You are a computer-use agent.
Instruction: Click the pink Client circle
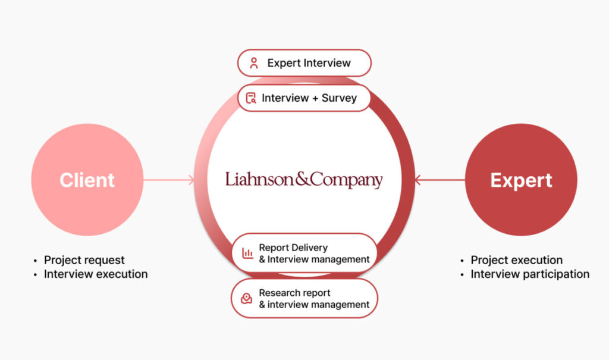point(87,180)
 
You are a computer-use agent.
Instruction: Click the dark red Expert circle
point(521,180)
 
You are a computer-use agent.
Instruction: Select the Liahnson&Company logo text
point(304,180)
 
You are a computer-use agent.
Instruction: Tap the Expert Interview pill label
point(304,63)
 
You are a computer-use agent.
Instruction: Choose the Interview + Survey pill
point(304,98)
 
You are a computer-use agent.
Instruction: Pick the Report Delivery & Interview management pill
point(304,253)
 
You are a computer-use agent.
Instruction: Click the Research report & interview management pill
point(304,298)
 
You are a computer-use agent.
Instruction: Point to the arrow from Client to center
point(169,180)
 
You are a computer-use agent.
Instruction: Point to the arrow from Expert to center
point(440,180)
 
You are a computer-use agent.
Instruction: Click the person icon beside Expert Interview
point(254,63)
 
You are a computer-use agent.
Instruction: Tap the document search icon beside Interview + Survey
point(251,98)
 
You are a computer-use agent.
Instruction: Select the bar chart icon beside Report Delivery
point(247,253)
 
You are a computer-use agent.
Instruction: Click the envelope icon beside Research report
point(247,299)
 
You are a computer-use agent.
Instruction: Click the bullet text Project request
point(84,260)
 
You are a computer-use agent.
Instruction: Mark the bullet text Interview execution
point(96,274)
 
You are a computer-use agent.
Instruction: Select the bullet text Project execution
point(516,260)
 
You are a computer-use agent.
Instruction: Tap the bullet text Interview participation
point(530,274)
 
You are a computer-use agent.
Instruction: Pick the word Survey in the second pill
point(339,98)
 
